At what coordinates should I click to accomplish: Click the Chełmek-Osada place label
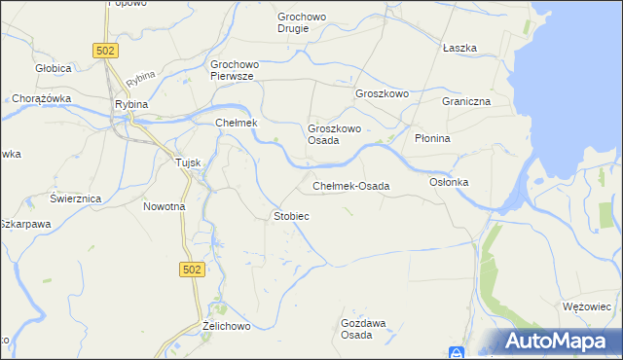pyautogui.click(x=350, y=186)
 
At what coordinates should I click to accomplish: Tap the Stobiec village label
pyautogui.click(x=291, y=215)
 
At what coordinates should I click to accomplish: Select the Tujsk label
pyautogui.click(x=188, y=162)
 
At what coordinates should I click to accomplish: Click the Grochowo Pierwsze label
pyautogui.click(x=233, y=71)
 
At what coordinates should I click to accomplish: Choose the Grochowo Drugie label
pyautogui.click(x=307, y=22)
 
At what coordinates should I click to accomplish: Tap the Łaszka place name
pyautogui.click(x=458, y=48)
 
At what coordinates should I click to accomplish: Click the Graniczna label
pyautogui.click(x=464, y=101)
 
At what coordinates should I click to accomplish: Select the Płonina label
pyautogui.click(x=432, y=138)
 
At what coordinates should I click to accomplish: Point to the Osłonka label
pyautogui.click(x=449, y=182)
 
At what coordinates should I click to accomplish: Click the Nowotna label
pyautogui.click(x=164, y=206)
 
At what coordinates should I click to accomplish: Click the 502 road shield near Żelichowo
pyautogui.click(x=193, y=269)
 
